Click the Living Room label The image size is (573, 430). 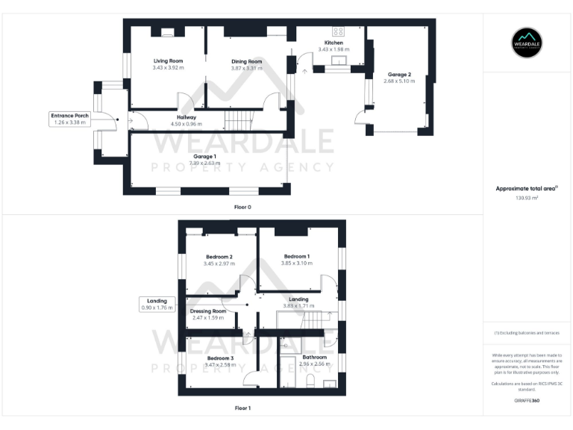[x=169, y=60]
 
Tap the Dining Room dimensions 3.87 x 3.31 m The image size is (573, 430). [x=246, y=68]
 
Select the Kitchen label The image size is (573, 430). [x=334, y=43]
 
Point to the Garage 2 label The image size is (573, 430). [x=398, y=75]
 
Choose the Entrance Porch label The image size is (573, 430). [x=70, y=116]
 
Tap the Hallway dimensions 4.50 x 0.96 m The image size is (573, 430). [x=186, y=123]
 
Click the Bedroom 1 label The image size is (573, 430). [x=296, y=256]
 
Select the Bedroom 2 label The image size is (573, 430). [x=219, y=257]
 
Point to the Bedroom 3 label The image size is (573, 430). [x=220, y=358]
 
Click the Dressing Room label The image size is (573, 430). [x=208, y=311]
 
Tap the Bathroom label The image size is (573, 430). [x=314, y=358]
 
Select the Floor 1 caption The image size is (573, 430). [x=242, y=408]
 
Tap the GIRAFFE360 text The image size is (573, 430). [x=527, y=401]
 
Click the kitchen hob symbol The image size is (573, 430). [x=337, y=32]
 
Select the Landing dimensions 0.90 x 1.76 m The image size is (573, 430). [x=157, y=307]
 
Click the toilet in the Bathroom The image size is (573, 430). [x=310, y=381]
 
